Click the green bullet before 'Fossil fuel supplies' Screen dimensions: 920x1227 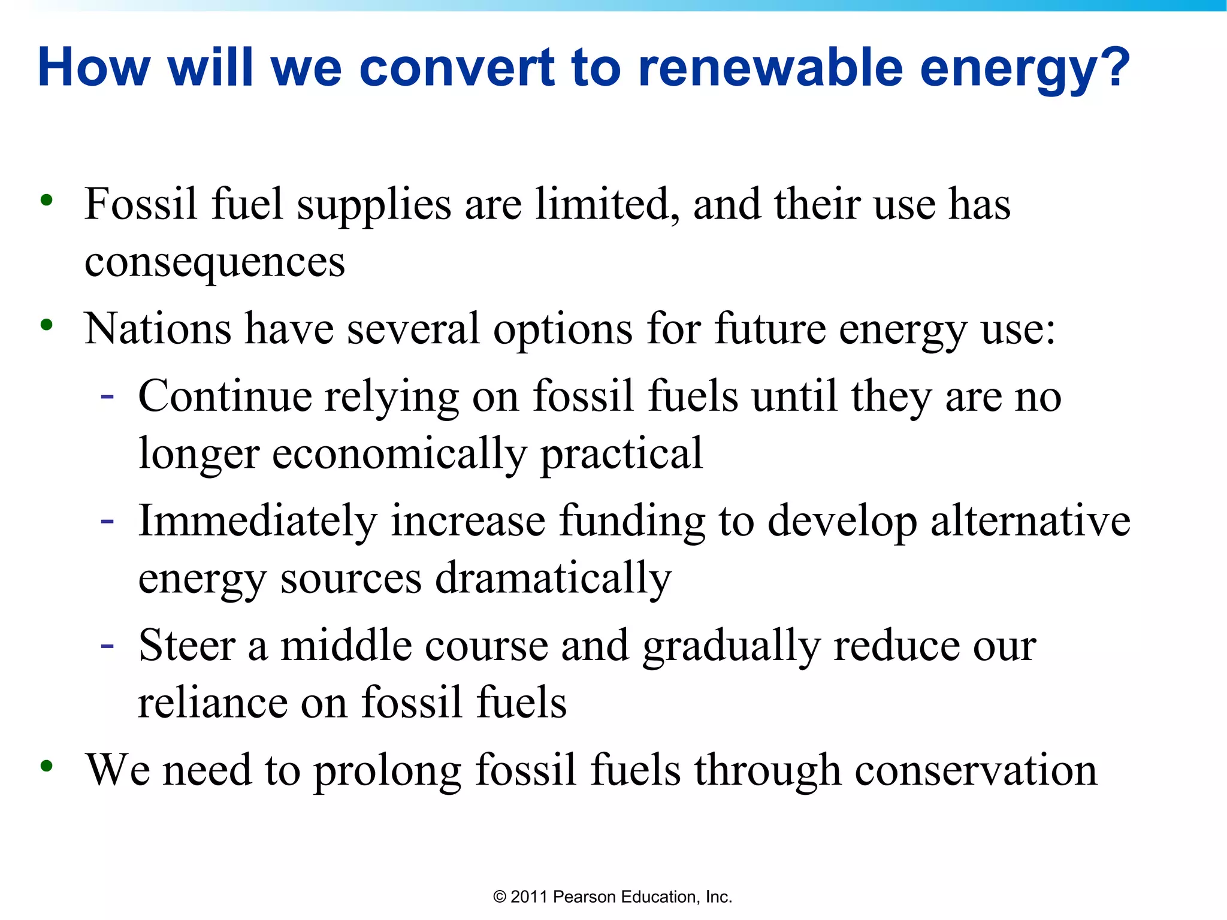click(47, 200)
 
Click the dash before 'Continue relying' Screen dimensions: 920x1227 click(107, 397)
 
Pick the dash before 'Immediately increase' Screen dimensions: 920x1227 click(107, 521)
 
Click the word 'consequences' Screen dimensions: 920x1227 click(214, 262)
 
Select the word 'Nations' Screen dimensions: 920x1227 click(158, 329)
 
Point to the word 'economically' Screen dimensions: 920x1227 click(399, 453)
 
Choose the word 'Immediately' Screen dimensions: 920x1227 click(258, 520)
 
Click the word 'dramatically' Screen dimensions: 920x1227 click(553, 578)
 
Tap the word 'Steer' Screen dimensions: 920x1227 click(187, 646)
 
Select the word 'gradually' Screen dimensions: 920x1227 click(731, 647)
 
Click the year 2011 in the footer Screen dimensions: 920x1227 click(529, 897)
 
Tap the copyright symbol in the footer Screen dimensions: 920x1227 click(499, 897)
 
